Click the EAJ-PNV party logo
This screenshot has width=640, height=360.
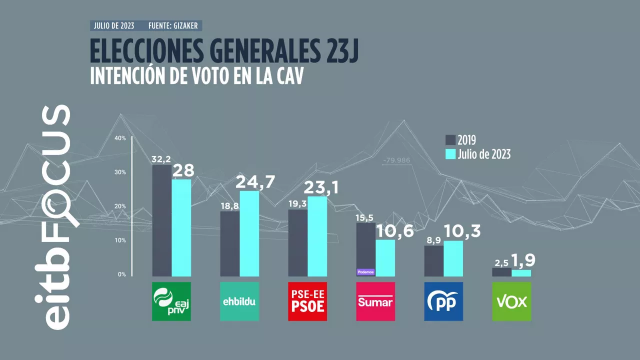pos(171,301)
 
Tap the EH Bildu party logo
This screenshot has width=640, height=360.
pos(239,301)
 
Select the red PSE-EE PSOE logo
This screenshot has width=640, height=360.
pos(307,301)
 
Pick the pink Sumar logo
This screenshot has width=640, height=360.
pos(375,301)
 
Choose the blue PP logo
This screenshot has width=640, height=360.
pos(443,301)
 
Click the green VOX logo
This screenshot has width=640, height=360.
pos(511,301)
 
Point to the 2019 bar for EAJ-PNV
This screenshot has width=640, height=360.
pos(161,220)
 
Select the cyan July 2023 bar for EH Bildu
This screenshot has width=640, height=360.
pos(249,233)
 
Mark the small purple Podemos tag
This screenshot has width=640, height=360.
pos(365,272)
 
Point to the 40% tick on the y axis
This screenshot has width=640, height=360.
pos(120,138)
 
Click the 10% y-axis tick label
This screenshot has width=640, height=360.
pos(120,240)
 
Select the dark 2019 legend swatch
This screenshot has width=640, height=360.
pos(450,140)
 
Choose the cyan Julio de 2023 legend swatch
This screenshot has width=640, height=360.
pos(450,154)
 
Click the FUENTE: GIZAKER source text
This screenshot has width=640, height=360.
pos(174,25)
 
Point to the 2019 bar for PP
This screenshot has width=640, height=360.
pos(433,260)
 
